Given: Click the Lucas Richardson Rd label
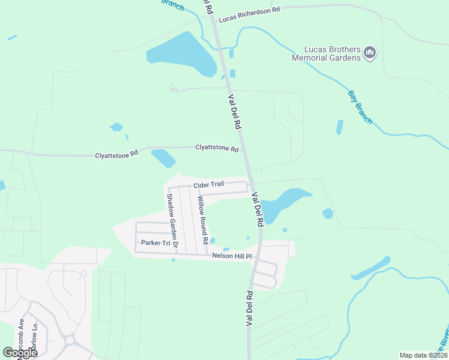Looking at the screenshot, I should tap(249, 15).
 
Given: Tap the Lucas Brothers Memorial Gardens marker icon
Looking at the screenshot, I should tap(370, 53).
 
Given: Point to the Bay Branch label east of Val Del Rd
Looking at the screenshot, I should tap(360, 107).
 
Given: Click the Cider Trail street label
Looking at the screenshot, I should tap(209, 185).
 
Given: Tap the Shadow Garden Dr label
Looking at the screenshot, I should tap(172, 220).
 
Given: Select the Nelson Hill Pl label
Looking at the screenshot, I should tap(235, 256).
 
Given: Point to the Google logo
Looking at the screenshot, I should tap(20, 352).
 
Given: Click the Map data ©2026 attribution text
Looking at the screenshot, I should tap(423, 355).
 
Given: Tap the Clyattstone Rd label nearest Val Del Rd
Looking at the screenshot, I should tap(217, 148).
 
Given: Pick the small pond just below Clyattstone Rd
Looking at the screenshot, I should tap(163, 158).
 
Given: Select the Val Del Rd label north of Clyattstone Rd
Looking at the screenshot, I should tap(234, 112).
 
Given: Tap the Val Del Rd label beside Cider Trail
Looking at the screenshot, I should tap(258, 209).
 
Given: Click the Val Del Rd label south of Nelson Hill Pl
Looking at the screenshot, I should tap(249, 308).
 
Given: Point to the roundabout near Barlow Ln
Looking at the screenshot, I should tap(70, 340).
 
